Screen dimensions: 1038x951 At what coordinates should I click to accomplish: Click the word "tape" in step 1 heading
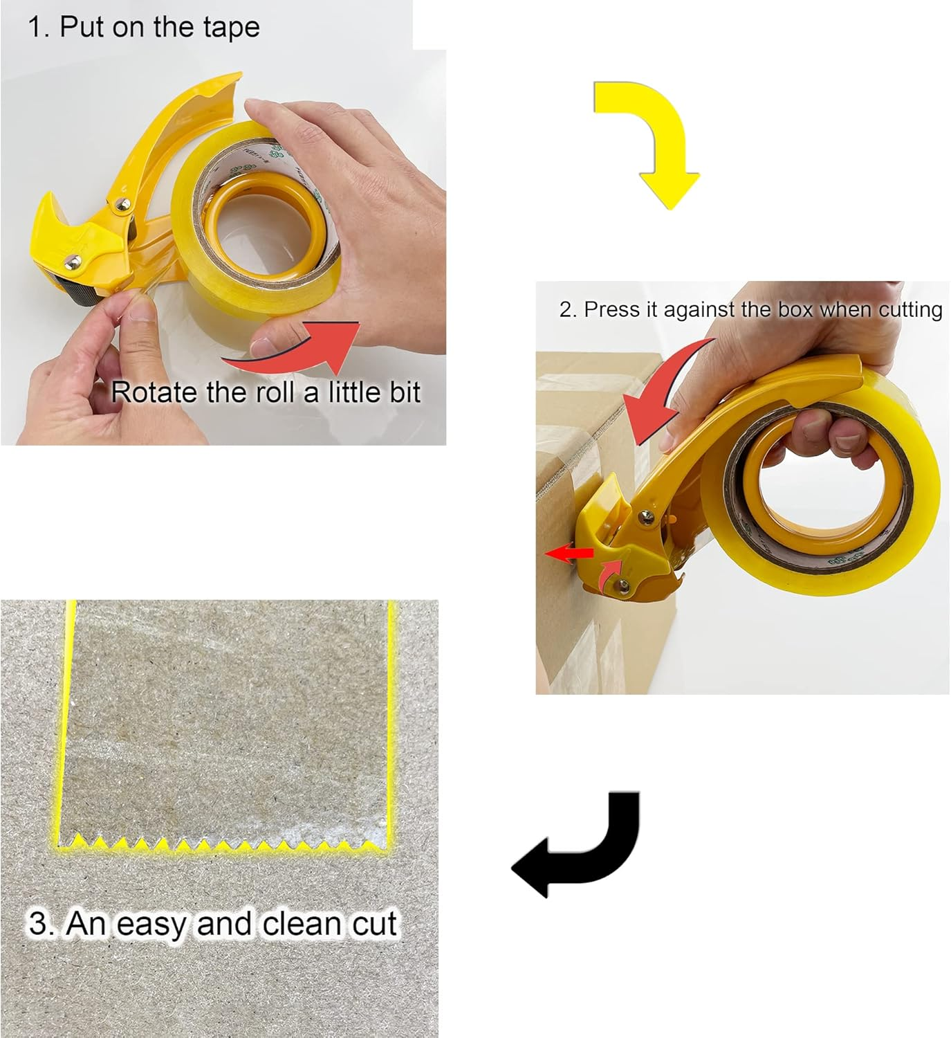pyautogui.click(x=233, y=27)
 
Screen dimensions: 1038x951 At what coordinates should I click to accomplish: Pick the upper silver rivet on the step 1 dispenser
pyautogui.click(x=124, y=205)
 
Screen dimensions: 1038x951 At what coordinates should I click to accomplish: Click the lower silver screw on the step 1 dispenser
pyautogui.click(x=72, y=261)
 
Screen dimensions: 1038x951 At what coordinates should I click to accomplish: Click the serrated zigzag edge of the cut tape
pyautogui.click(x=221, y=846)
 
